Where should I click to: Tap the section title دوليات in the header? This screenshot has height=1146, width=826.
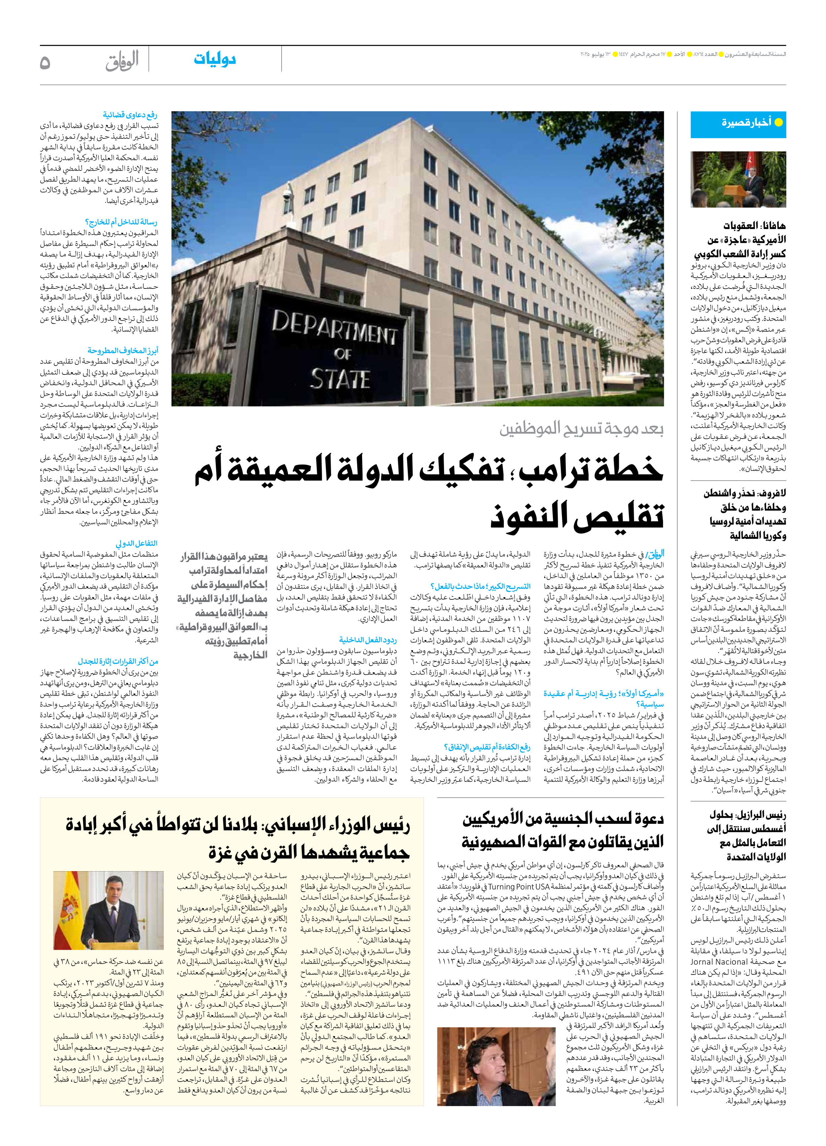(x=215, y=59)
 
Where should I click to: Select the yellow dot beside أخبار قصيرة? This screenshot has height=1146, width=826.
(x=778, y=122)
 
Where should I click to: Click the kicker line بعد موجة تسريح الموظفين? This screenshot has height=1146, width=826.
(x=581, y=429)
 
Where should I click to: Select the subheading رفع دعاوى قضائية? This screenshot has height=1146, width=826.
(x=130, y=115)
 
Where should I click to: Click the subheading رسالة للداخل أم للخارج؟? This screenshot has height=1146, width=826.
(x=121, y=222)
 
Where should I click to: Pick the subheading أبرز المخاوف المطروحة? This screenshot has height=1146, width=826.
(x=123, y=350)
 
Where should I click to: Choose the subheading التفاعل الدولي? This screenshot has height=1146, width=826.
(x=136, y=543)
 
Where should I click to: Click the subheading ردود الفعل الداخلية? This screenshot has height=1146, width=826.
(x=368, y=640)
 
